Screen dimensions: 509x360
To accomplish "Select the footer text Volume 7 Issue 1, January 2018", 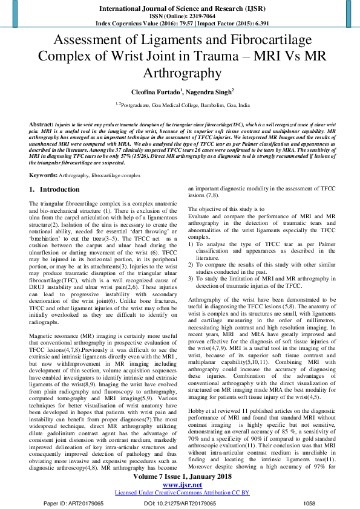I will (180, 478).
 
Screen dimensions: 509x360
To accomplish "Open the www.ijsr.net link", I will (180, 485).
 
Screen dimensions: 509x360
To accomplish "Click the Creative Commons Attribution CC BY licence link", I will (182, 493).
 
